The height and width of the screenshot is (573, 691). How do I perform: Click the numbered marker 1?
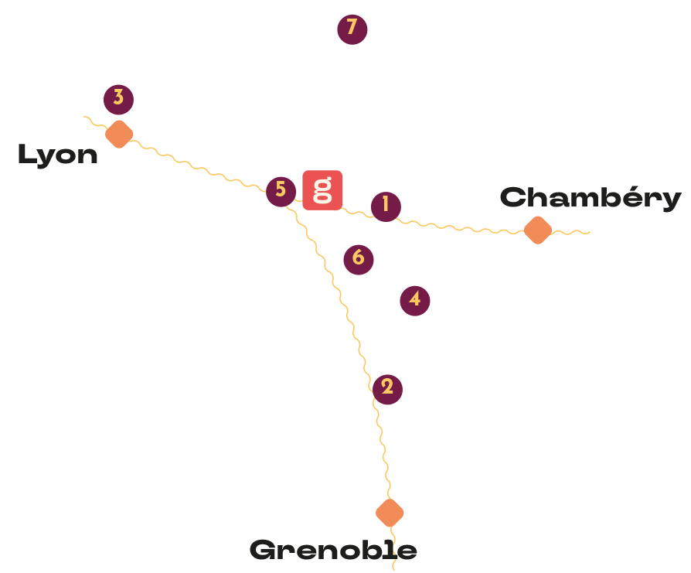[x=385, y=206]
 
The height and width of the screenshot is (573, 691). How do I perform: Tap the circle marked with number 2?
[x=387, y=388]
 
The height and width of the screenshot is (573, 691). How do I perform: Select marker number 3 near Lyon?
[x=118, y=98]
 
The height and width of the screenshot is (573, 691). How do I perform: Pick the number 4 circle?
[x=415, y=300]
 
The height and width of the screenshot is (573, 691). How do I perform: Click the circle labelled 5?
[x=281, y=190]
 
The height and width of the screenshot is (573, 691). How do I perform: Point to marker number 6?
[x=358, y=258]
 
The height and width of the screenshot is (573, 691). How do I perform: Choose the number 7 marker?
[x=352, y=29]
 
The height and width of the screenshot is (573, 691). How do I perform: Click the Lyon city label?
[x=57, y=155]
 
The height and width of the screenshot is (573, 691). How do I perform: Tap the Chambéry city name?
[x=591, y=198]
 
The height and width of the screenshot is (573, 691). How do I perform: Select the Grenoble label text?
[x=333, y=551]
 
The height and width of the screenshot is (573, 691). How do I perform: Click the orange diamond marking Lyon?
[x=119, y=134]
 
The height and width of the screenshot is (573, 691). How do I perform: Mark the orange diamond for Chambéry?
[x=537, y=230]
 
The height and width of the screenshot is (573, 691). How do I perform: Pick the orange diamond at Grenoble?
[x=390, y=513]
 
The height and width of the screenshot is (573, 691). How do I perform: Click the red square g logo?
[x=322, y=189]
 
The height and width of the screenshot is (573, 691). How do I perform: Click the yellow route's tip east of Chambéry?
[x=589, y=232]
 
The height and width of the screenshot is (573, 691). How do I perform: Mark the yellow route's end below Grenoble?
[x=394, y=569]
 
